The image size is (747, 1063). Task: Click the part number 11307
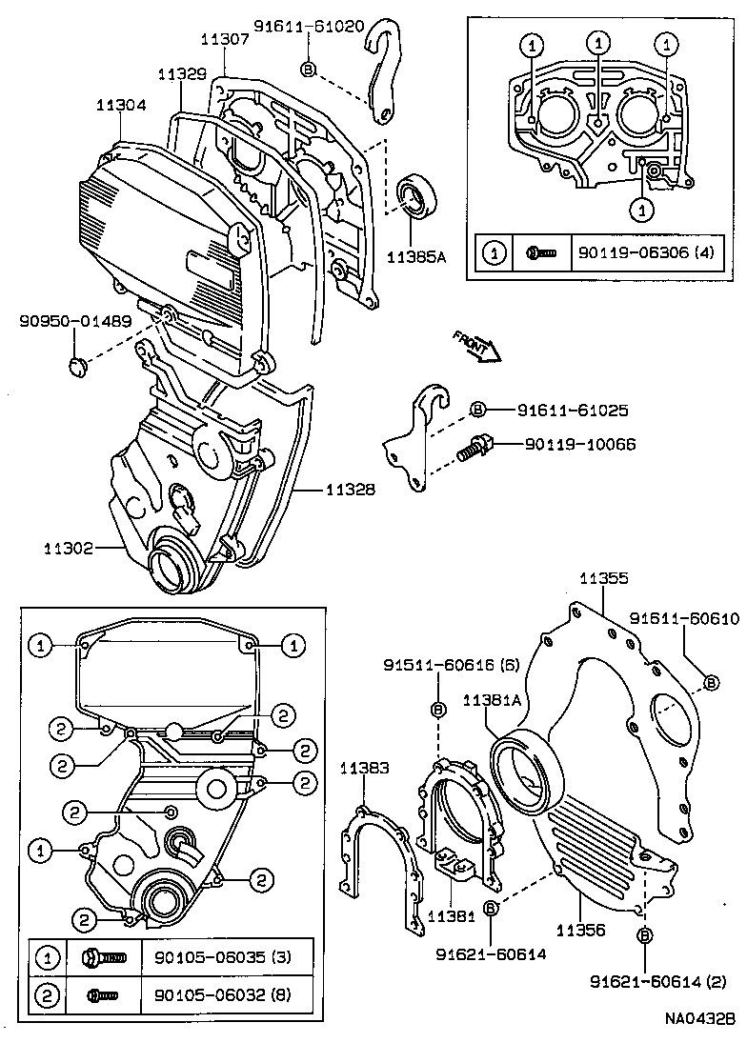[x=225, y=39]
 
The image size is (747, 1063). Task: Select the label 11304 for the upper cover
[x=121, y=106]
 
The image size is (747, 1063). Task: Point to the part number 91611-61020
[x=309, y=27]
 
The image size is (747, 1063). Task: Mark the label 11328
[x=350, y=490]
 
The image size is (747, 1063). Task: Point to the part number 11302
[x=69, y=548]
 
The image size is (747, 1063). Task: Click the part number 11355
[x=604, y=578]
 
